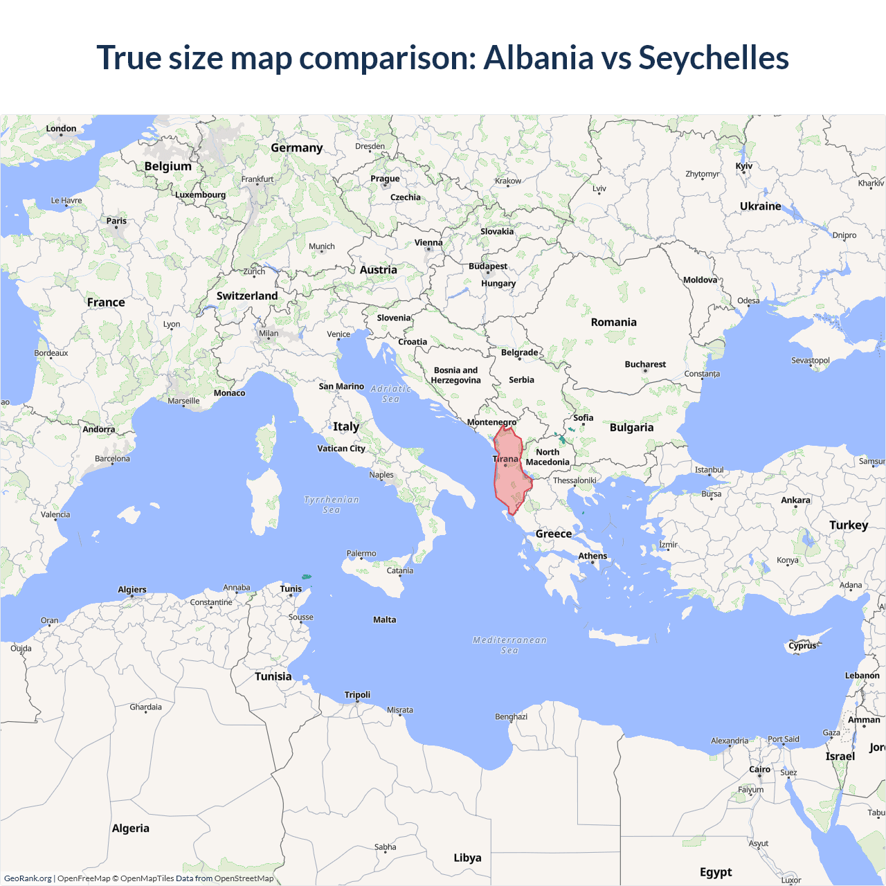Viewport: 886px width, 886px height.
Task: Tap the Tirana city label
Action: [x=505, y=459]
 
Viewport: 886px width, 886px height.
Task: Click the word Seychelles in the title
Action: [x=713, y=57]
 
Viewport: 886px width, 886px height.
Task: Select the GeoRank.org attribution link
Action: [x=28, y=878]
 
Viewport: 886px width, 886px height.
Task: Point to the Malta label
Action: [x=385, y=620]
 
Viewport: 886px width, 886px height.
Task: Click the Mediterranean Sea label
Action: [x=509, y=645]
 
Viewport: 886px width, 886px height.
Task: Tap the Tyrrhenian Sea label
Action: [x=332, y=505]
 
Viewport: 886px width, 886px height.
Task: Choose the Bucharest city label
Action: [x=645, y=364]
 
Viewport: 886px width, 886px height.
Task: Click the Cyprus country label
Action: [x=802, y=646]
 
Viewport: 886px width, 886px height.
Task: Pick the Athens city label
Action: [x=593, y=556]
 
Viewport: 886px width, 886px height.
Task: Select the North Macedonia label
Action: [x=548, y=457]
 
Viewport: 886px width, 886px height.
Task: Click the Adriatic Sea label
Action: [x=391, y=394]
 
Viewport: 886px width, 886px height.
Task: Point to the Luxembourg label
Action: [x=200, y=195]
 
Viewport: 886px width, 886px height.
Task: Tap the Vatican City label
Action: [x=341, y=449]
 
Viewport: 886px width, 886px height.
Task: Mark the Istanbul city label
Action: [x=709, y=470]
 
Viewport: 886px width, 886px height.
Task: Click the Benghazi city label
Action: [x=511, y=716]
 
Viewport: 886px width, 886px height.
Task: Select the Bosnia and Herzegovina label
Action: [x=455, y=375]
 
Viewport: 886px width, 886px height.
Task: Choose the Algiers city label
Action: [x=132, y=590]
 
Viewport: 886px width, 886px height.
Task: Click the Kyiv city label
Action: [x=744, y=166]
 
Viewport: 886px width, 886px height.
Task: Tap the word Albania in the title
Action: [x=539, y=57]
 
